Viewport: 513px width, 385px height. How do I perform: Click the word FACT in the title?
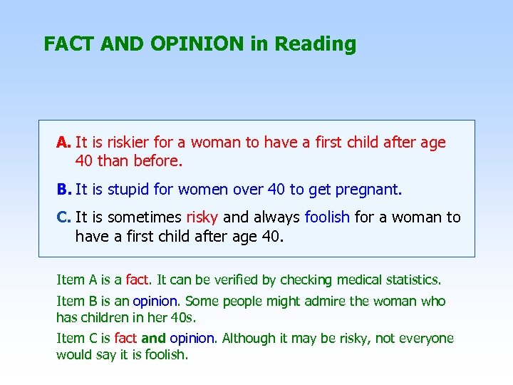pos(69,44)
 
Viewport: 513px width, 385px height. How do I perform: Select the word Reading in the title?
pos(315,44)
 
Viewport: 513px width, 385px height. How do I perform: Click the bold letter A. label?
pos(64,143)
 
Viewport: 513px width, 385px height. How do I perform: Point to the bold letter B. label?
pos(64,190)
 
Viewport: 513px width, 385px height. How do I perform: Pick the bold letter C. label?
pos(64,217)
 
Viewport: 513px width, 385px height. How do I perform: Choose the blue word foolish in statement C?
pos(327,217)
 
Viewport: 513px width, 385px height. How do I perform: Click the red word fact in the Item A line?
pos(137,279)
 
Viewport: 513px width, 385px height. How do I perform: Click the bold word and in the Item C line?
pos(153,339)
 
